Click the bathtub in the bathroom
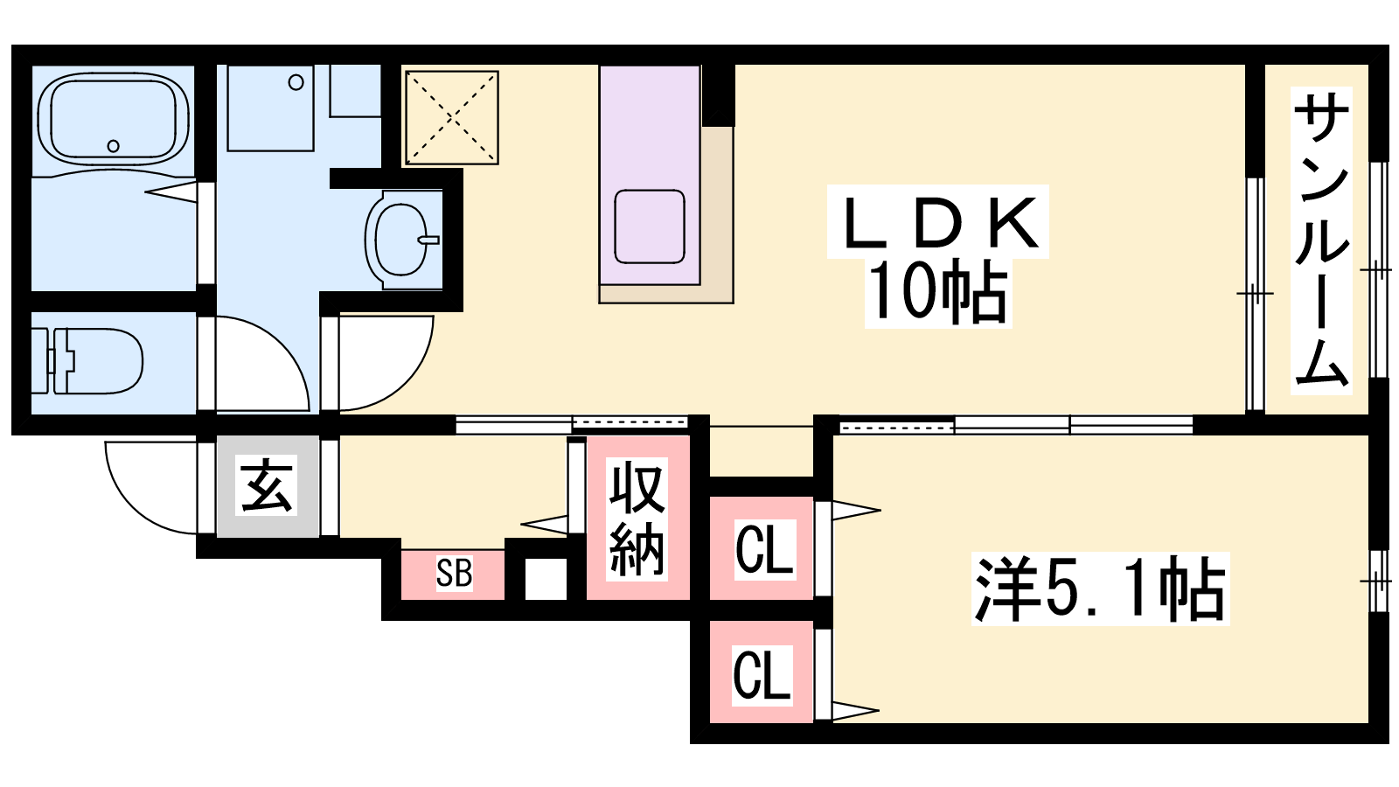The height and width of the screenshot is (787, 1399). click(113, 119)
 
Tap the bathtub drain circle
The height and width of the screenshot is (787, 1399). click(113, 146)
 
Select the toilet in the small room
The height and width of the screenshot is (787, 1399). click(87, 361)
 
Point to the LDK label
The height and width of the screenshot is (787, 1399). click(938, 222)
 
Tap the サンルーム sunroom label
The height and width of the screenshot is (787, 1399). click(1320, 240)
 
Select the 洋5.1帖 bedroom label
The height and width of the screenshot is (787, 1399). click(1101, 589)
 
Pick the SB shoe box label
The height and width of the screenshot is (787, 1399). click(454, 573)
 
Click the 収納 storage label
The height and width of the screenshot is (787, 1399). click(637, 519)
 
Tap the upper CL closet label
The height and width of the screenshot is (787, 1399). click(764, 550)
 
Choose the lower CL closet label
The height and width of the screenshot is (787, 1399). click(762, 674)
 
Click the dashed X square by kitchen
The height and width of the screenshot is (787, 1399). click(451, 117)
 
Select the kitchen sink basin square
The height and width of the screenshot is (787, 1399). click(650, 226)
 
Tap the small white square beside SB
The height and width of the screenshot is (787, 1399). click(546, 578)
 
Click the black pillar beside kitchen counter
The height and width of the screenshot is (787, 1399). click(718, 95)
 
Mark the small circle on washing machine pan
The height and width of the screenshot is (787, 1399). click(296, 82)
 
